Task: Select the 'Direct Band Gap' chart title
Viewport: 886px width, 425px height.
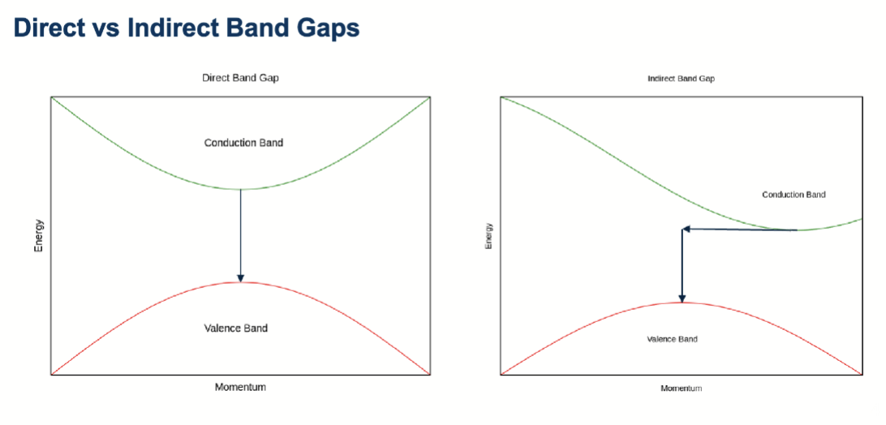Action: click(x=240, y=78)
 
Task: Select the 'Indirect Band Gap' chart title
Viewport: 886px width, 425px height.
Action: click(x=681, y=79)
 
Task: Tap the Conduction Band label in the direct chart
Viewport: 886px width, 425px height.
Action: click(x=243, y=143)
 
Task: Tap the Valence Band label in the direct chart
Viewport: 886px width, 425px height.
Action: click(x=235, y=328)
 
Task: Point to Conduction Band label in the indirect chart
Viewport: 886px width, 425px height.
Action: click(x=794, y=195)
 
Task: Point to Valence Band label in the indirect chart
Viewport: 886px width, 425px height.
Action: click(x=672, y=339)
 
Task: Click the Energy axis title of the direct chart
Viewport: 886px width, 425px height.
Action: click(x=39, y=236)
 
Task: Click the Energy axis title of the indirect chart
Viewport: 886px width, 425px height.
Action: click(x=488, y=236)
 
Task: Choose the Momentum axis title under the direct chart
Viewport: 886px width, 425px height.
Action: click(x=240, y=387)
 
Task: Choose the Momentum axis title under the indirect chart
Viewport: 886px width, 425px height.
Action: click(x=681, y=389)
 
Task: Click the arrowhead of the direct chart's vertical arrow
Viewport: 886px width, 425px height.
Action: click(x=241, y=277)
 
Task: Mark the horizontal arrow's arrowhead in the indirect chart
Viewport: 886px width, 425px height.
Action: click(x=686, y=229)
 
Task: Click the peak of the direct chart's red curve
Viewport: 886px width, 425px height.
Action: click(x=241, y=282)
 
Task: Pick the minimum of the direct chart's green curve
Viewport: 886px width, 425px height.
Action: click(x=241, y=189)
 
